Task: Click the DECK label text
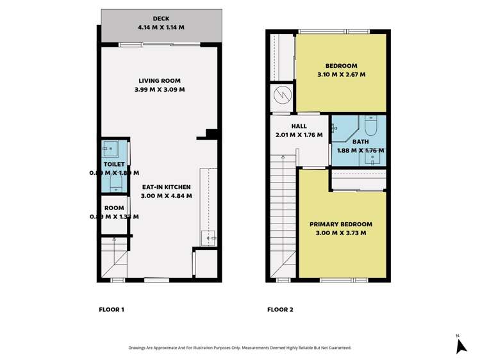point(160,19)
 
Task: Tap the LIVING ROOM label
point(160,81)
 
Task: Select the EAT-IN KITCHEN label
point(167,187)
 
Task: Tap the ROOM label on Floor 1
point(114,208)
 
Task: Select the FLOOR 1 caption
point(112,310)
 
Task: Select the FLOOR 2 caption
point(280,310)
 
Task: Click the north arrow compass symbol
point(460,346)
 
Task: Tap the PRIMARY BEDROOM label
point(341,224)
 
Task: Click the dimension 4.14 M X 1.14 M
point(160,28)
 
